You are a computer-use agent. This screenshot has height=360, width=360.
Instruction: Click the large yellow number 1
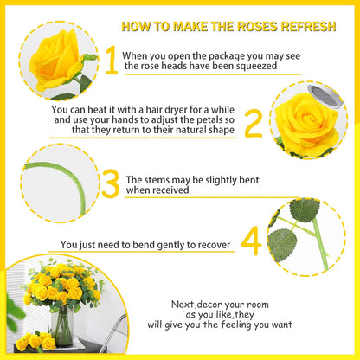click(112, 60)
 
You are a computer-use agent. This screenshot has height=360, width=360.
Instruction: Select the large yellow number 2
click(254, 123)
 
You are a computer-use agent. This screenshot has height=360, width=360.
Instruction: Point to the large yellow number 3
click(110, 183)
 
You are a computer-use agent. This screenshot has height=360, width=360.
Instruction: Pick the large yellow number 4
click(251, 241)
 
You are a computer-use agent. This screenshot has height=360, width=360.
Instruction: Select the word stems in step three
click(156, 180)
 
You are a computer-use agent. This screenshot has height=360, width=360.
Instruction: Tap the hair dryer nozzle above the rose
click(325, 96)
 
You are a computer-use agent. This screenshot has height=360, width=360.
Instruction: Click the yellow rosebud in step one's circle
click(55, 60)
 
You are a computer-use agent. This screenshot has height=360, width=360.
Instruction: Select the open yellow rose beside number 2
click(307, 125)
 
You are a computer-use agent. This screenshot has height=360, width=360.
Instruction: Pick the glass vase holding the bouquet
click(61, 326)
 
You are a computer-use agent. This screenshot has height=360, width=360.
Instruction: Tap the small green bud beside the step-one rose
click(90, 57)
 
